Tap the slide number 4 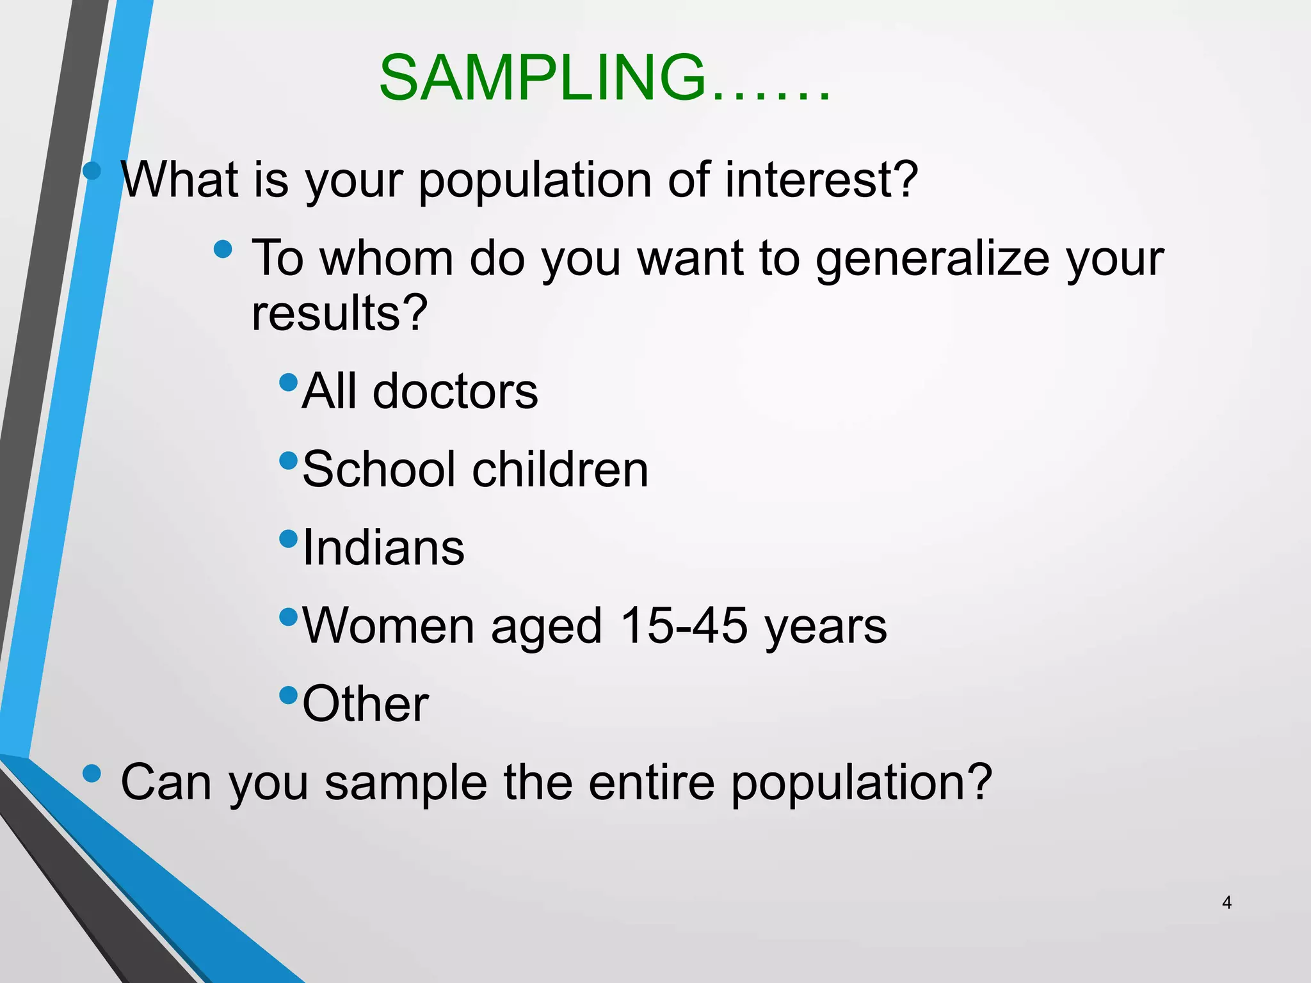pos(1227,902)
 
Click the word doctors pos(455,391)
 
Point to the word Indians pos(383,548)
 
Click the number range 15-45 pos(684,625)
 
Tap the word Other pos(366,704)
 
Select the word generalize pos(932,259)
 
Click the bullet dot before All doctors pos(289,382)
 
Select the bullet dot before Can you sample pos(92,773)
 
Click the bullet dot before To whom pos(223,249)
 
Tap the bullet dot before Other pos(289,694)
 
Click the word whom pos(386,259)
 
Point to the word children pos(560,469)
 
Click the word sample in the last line pos(406,783)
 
